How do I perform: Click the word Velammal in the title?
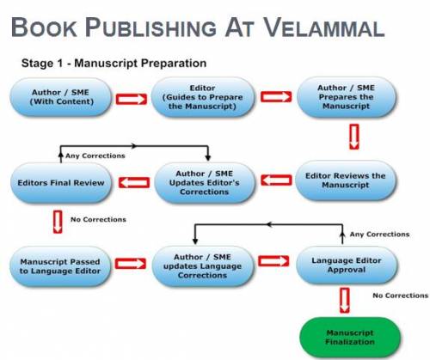click(x=323, y=27)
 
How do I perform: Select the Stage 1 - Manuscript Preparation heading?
click(x=114, y=63)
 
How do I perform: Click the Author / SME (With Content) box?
click(x=61, y=97)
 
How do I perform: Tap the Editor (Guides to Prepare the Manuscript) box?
click(x=202, y=97)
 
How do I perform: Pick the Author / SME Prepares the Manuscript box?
click(x=347, y=97)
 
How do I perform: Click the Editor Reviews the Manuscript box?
click(x=346, y=180)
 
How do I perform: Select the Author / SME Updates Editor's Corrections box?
click(x=205, y=182)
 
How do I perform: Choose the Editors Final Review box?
click(x=61, y=183)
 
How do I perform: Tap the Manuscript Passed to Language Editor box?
click(x=60, y=266)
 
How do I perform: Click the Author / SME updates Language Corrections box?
click(x=202, y=266)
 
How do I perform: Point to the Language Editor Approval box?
click(x=347, y=265)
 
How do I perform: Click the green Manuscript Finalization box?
click(x=350, y=337)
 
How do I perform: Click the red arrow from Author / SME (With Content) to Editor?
click(x=132, y=99)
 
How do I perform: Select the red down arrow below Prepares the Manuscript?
click(x=354, y=137)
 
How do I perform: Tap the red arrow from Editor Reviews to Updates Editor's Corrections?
click(x=276, y=180)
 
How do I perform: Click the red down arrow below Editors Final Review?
click(x=58, y=222)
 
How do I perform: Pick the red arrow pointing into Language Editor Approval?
click(x=273, y=261)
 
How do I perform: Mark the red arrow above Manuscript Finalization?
click(x=345, y=300)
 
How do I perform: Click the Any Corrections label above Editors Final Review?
click(x=95, y=156)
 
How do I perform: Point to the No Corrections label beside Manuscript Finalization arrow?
click(x=401, y=296)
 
